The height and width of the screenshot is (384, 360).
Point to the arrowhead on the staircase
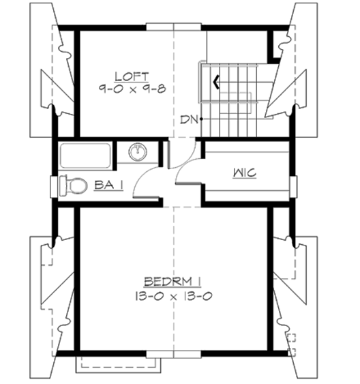(216, 83)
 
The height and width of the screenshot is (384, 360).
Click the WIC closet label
(243, 173)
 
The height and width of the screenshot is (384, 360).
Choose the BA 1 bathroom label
(108, 184)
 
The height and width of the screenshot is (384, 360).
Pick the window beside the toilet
(53, 184)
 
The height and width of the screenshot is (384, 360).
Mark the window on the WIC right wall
(293, 184)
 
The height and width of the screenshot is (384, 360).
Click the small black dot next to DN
(202, 120)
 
